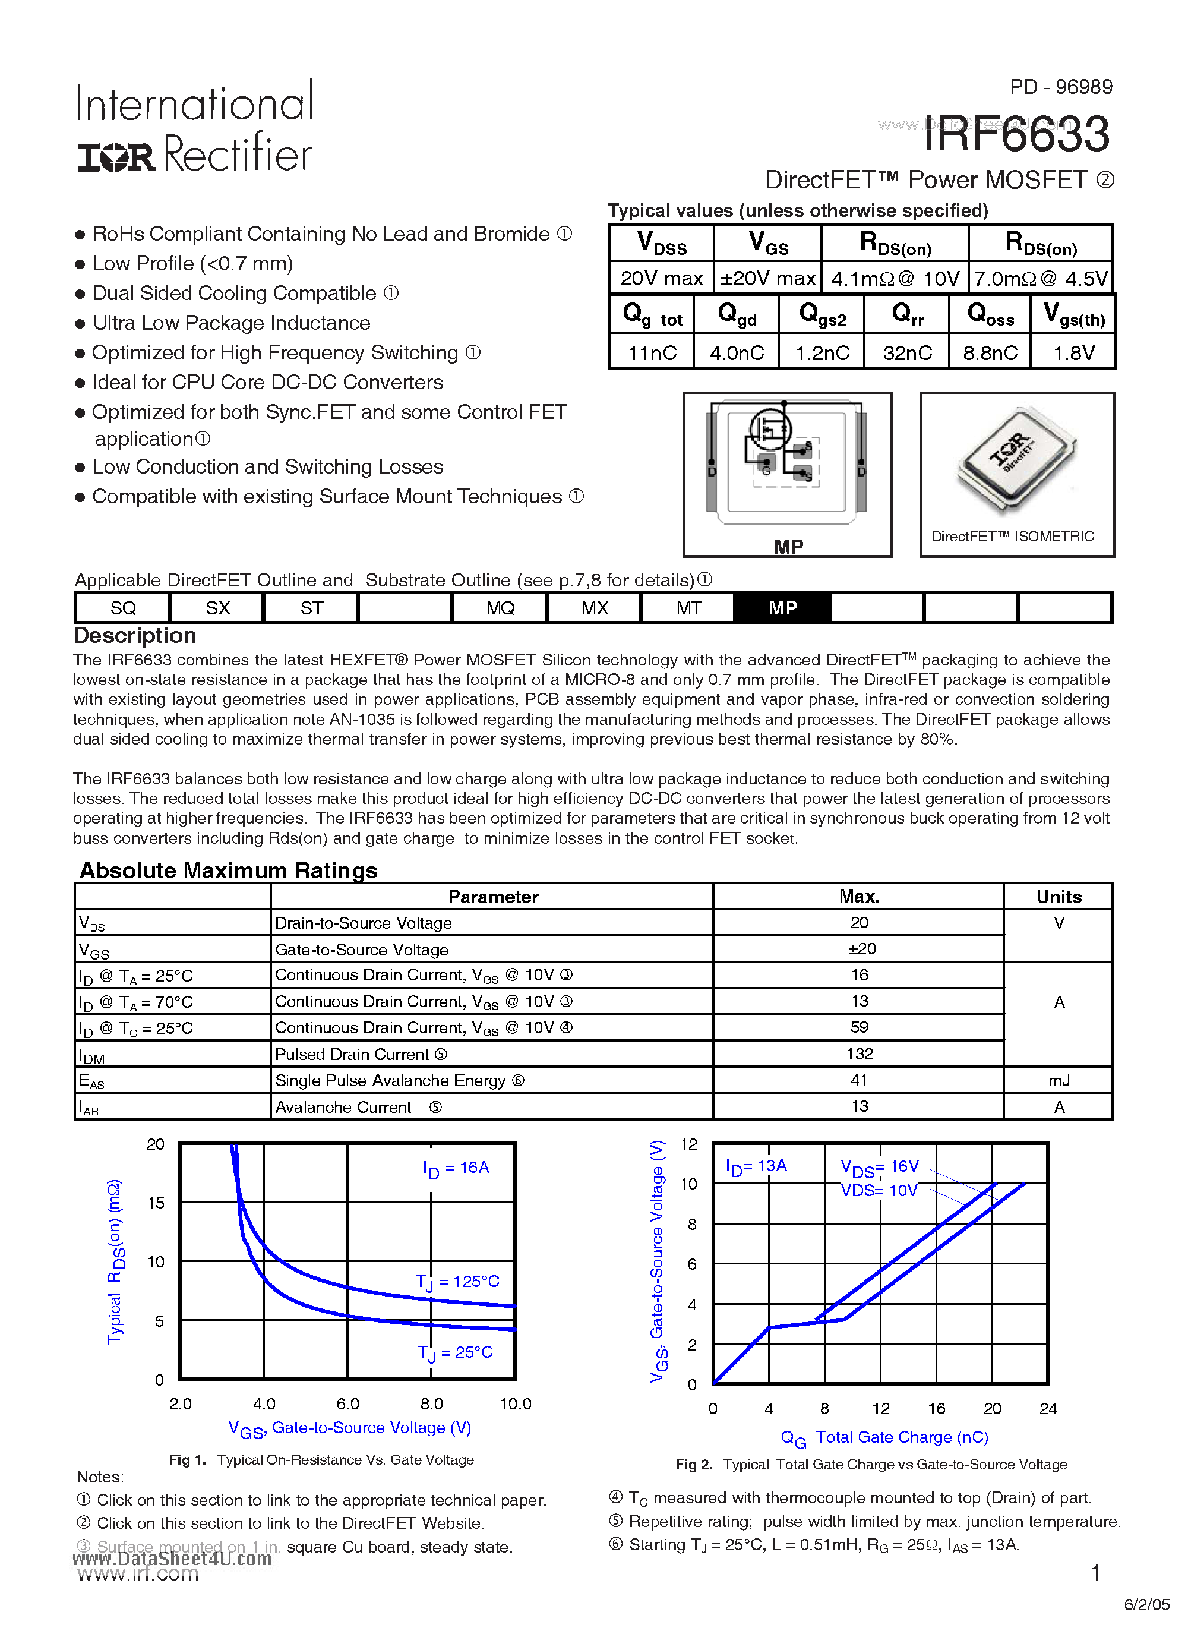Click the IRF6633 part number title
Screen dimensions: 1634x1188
click(x=1016, y=134)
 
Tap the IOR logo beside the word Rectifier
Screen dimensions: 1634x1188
click(x=116, y=157)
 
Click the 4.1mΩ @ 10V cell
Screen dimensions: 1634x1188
click(x=895, y=279)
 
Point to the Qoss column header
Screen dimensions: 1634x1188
click(x=990, y=315)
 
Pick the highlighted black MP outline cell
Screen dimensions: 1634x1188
click(x=782, y=608)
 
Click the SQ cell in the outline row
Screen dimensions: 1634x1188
click(x=122, y=608)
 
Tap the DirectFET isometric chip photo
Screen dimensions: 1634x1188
click(x=1016, y=460)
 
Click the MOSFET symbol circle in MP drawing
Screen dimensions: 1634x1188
click(x=770, y=430)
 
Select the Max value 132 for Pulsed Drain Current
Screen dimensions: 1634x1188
click(x=859, y=1054)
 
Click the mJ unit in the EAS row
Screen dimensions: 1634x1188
click(x=1059, y=1081)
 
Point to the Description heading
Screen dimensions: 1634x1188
click(x=135, y=635)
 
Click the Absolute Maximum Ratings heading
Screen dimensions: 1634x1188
click(x=228, y=870)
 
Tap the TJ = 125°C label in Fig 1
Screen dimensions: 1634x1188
click(x=457, y=1282)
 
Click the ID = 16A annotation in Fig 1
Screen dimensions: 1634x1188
click(x=456, y=1168)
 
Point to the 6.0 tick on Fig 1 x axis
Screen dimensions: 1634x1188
click(x=347, y=1403)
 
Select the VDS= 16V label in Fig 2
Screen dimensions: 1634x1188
click(x=880, y=1166)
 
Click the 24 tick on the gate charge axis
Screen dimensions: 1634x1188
click(x=1047, y=1408)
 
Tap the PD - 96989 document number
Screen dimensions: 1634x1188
click(x=1060, y=87)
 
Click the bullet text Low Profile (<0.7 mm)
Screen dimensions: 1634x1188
click(x=192, y=264)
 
